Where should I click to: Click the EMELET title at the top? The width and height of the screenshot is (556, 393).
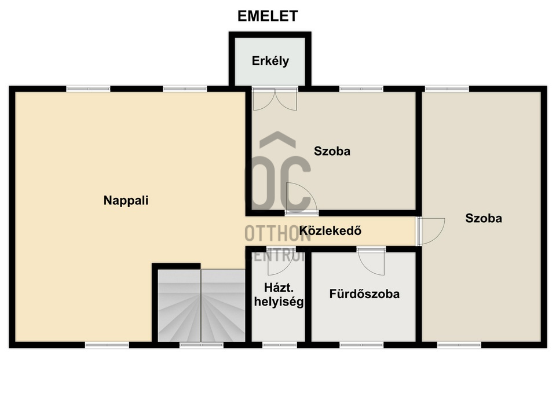pyautogui.click(x=268, y=16)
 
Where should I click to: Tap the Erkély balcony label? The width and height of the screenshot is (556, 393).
pyautogui.click(x=270, y=61)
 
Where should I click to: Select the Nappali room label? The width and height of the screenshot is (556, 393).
pyautogui.click(x=126, y=201)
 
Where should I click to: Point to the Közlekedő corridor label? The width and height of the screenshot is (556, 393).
pyautogui.click(x=330, y=231)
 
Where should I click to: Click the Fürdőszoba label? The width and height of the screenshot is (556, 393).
pyautogui.click(x=364, y=294)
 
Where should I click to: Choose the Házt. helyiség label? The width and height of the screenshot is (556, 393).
pyautogui.click(x=279, y=295)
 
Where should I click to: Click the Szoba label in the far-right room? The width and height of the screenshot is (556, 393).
pyautogui.click(x=484, y=218)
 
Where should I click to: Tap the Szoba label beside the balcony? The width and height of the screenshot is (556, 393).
pyautogui.click(x=332, y=151)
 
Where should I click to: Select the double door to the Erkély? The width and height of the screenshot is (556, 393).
pyautogui.click(x=275, y=99)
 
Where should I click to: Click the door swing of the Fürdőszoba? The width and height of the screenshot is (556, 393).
pyautogui.click(x=371, y=262)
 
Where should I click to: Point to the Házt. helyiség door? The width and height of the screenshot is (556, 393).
pyautogui.click(x=280, y=262)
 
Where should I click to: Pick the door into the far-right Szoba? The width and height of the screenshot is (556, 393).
pyautogui.click(x=430, y=232)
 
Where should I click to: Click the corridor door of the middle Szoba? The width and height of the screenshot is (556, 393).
pyautogui.click(x=302, y=199)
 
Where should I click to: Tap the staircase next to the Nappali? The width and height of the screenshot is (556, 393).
pyautogui.click(x=202, y=306)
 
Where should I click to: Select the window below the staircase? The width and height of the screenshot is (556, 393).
pyautogui.click(x=202, y=345)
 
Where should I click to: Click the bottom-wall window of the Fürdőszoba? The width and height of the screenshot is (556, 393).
pyautogui.click(x=361, y=345)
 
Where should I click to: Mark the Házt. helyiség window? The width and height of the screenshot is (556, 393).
pyautogui.click(x=279, y=345)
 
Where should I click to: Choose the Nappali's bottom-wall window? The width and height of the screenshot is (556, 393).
pyautogui.click(x=107, y=345)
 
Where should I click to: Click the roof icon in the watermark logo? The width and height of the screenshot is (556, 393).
pyautogui.click(x=277, y=139)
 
